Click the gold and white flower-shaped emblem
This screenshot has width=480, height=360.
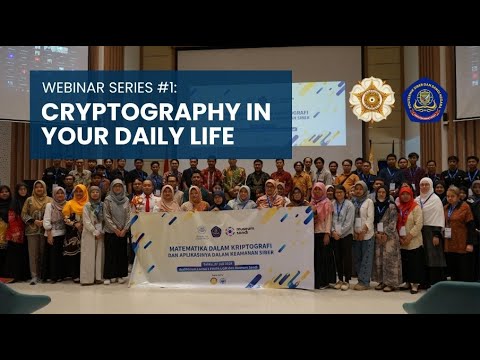click(371, 99)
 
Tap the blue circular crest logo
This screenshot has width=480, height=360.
click(425, 100)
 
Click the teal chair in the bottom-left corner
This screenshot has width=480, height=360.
click(20, 298)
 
